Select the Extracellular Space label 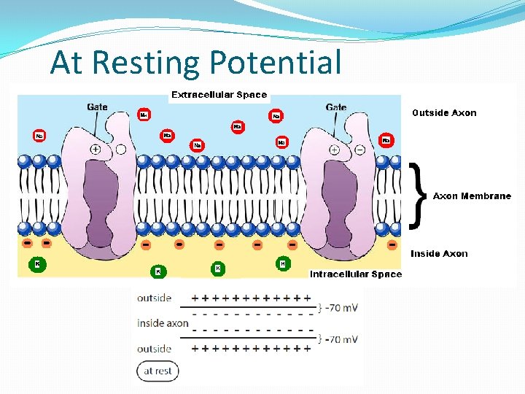point(219,95)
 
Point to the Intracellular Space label point(356,274)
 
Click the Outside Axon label point(444,113)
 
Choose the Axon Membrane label point(472,196)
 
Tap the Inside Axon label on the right point(439,254)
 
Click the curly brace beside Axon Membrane point(418,194)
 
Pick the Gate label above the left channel point(97,107)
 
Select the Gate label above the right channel point(336,107)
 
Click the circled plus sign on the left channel point(96,150)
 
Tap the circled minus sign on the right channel point(359,150)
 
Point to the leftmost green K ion point(37,263)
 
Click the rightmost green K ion point(282,263)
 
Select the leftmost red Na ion point(39,136)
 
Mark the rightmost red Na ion point(386,139)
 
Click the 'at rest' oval point(157,371)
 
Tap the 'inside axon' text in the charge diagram point(163,323)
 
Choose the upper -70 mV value point(341,308)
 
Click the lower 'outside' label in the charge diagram point(154,349)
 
